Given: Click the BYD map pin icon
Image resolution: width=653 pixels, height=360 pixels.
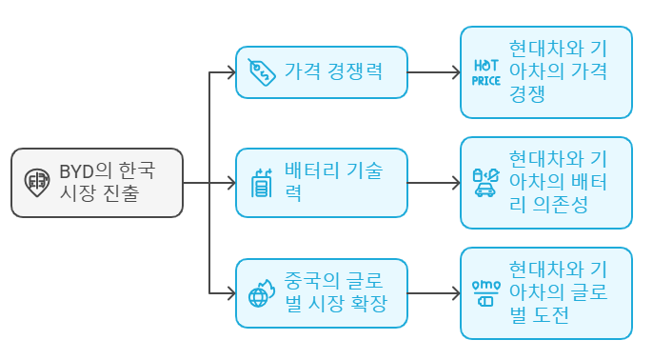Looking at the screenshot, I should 37,182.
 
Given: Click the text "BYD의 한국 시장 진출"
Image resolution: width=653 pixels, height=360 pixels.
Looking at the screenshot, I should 108,182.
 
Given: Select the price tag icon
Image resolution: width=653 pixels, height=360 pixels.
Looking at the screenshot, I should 261,71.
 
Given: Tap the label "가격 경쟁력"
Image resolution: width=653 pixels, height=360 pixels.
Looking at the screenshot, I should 333,71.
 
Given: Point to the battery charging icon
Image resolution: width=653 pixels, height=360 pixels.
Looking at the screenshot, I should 261,182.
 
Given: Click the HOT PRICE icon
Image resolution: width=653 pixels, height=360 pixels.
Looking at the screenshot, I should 486,72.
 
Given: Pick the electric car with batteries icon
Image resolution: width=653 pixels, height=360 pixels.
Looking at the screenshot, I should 486,182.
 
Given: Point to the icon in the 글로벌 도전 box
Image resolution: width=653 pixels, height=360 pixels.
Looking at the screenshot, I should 486,292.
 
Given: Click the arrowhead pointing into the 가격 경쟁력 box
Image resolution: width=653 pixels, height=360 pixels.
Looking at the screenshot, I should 229,71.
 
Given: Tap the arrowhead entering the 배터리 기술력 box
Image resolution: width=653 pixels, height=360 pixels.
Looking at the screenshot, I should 229,182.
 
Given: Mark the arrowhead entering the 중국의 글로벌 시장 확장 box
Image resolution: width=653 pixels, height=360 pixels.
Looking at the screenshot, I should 229,292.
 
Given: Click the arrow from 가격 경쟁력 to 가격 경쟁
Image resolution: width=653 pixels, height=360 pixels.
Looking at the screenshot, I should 433,71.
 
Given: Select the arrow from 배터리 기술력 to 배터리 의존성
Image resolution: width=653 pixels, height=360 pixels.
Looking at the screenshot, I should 433,182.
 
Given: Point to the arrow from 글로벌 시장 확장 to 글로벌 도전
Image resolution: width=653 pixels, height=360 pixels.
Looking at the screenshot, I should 433,292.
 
